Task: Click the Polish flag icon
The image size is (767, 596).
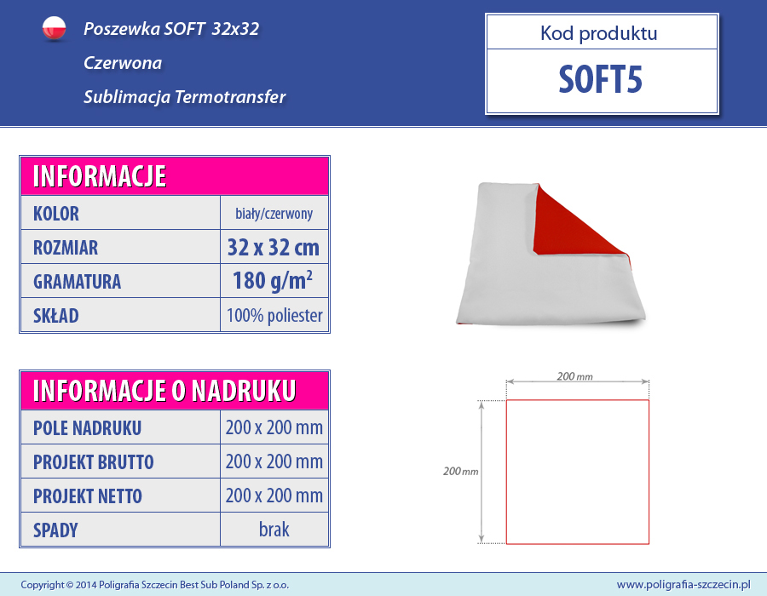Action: point(54,28)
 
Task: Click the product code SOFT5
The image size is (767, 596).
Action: point(600,80)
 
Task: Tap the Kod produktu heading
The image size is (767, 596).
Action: point(599,33)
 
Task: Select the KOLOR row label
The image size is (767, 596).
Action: point(55,214)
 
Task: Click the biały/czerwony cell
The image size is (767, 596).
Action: point(274,214)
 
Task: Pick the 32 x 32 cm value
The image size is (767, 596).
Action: point(274,247)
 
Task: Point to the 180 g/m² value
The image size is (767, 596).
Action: point(273,281)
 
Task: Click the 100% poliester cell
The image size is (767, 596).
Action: point(274,316)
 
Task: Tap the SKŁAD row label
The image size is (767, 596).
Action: point(55,316)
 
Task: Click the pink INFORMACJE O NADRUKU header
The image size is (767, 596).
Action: point(175,390)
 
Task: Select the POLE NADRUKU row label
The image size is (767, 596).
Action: point(87,428)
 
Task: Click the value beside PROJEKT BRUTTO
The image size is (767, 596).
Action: point(274,461)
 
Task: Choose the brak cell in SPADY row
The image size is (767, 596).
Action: point(274,530)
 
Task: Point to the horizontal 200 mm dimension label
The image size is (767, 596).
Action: point(574,376)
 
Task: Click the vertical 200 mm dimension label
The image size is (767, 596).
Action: point(461,472)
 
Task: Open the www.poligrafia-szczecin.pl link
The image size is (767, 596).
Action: point(683,585)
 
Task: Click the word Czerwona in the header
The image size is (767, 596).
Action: point(123,63)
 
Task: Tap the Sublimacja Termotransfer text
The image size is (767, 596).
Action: point(184,97)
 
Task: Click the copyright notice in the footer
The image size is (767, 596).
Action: point(154,585)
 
